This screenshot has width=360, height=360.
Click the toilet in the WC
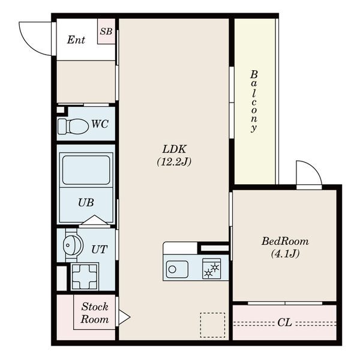pyautogui.click(x=73, y=126)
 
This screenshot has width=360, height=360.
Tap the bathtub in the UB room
pyautogui.click(x=86, y=170)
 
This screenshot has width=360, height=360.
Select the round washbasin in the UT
pyautogui.click(x=73, y=245)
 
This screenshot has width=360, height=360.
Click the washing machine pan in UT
pyautogui.click(x=85, y=277)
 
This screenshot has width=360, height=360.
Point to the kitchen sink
pyautogui.click(x=177, y=269)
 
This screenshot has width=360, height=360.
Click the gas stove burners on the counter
pyautogui.click(x=211, y=269)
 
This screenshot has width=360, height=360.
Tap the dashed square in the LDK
pyautogui.click(x=212, y=325)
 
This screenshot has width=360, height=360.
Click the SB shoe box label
pyautogui.click(x=106, y=31)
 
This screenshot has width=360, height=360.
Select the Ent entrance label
pyautogui.click(x=76, y=40)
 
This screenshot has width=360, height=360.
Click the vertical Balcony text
pyautogui.click(x=254, y=101)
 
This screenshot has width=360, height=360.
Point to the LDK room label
pyautogui.click(x=175, y=149)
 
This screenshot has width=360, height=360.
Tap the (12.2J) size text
pyautogui.click(x=174, y=162)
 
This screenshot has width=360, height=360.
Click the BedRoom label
pyautogui.click(x=285, y=241)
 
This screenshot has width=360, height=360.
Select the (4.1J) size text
pyautogui.click(x=285, y=254)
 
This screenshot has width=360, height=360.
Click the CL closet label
pyautogui.click(x=284, y=322)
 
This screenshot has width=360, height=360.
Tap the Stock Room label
pyautogui.click(x=95, y=313)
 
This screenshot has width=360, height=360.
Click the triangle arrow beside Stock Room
pyautogui.click(x=124, y=317)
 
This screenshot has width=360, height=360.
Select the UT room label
pyautogui.click(x=99, y=250)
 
